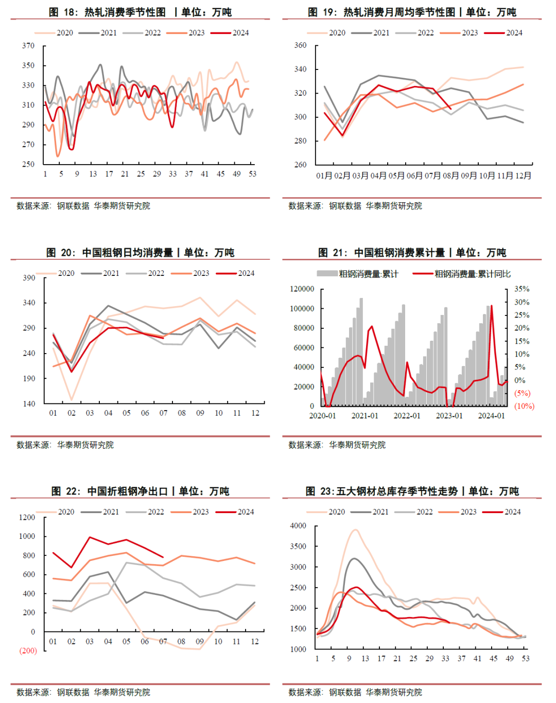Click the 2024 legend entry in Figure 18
pos(230,32)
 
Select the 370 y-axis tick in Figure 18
pos(28,45)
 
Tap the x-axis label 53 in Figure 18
pos(252,174)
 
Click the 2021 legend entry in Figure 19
pos(370,32)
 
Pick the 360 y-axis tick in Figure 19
pos(300,45)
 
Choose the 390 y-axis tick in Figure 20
pos(29,278)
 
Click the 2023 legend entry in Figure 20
pos(190,273)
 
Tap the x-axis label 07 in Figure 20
pos(163,413)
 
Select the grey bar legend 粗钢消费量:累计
pos(358,274)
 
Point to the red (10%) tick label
pos(524,406)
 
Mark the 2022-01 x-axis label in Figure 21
pos(407,416)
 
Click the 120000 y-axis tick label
pos(302,289)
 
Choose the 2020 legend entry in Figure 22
pos(55,512)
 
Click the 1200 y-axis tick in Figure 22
pos(27,517)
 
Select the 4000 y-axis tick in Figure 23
pos(298,525)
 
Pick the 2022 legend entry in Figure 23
pos(413,512)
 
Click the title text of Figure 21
pos(412,253)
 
